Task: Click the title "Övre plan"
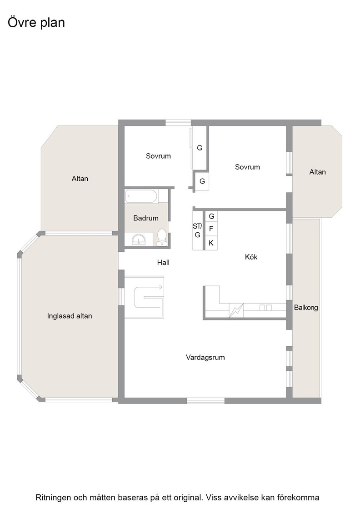[36, 23]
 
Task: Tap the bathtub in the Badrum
[141, 196]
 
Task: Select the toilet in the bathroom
[162, 237]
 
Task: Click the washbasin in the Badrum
[139, 240]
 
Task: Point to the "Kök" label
[251, 257]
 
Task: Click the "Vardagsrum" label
[205, 357]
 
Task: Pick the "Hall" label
[163, 262]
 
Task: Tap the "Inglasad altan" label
[70, 316]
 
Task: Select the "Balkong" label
[306, 307]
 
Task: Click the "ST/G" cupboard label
[197, 230]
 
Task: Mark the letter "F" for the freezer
[211, 229]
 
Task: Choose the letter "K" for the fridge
[211, 243]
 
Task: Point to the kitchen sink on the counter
[265, 307]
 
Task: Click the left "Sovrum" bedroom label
[158, 156]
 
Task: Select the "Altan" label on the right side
[317, 172]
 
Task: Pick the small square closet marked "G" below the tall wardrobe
[201, 181]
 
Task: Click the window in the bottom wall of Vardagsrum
[205, 401]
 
